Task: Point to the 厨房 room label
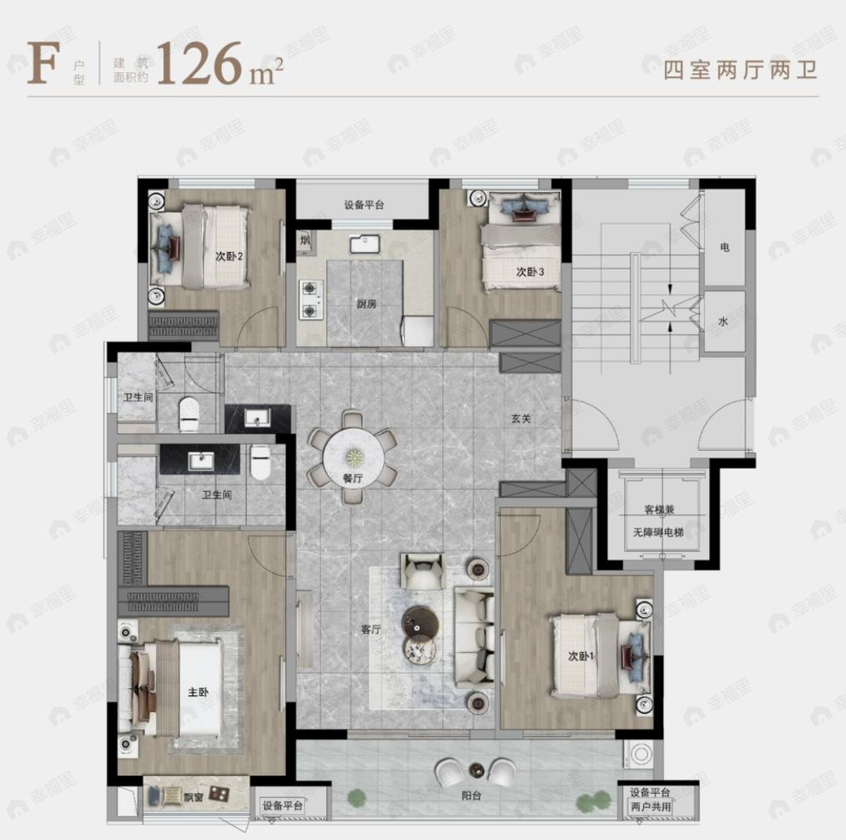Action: pos(365,304)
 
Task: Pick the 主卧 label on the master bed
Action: pos(198,692)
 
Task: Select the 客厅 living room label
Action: pos(371,629)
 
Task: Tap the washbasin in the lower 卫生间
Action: pos(200,460)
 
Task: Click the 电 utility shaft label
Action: pos(725,247)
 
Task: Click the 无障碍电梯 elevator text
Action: pos(659,532)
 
